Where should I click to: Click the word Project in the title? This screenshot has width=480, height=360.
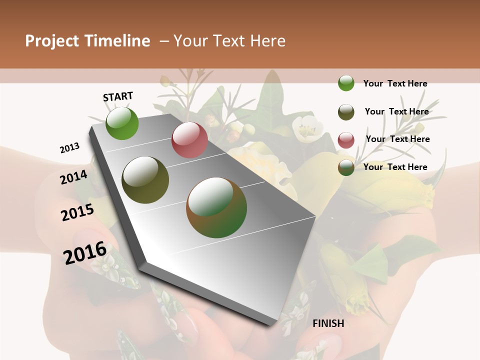[x=52, y=41]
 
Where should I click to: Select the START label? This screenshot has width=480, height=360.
[x=118, y=96]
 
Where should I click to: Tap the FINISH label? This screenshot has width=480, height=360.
[x=328, y=323]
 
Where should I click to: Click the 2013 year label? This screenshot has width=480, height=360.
[x=69, y=147]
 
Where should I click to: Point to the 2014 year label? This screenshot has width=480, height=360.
[x=73, y=177]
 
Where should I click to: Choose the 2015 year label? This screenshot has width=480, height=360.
[x=77, y=212]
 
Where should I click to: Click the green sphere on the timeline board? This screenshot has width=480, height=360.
[x=122, y=123]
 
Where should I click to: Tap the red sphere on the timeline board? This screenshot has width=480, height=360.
[x=189, y=140]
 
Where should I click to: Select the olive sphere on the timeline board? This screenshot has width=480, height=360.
[x=145, y=180]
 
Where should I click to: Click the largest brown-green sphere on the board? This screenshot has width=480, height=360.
[x=216, y=207]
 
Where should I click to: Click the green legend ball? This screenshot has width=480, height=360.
[x=346, y=83]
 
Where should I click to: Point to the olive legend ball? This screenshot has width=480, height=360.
[x=346, y=111]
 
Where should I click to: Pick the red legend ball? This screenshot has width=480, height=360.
[x=346, y=140]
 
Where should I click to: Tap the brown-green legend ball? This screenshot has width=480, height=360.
[x=346, y=167]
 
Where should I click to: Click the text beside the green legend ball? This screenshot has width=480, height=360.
[x=395, y=83]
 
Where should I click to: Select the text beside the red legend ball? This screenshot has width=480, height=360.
[x=397, y=139]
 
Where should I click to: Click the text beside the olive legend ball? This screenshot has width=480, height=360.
[x=396, y=111]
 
